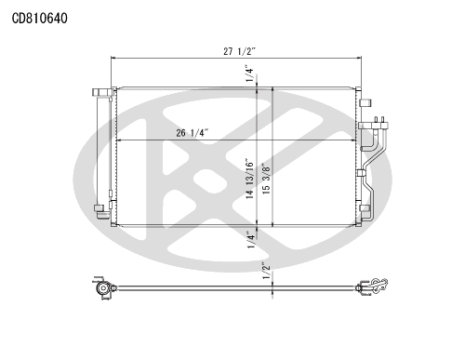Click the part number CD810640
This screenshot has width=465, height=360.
pyautogui.click(x=39, y=19)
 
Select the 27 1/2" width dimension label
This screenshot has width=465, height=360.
pyautogui.click(x=239, y=51)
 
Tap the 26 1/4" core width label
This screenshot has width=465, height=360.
pyautogui.click(x=192, y=133)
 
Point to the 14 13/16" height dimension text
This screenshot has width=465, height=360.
pyautogui.click(x=250, y=178)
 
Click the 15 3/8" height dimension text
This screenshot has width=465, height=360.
pyautogui.click(x=266, y=179)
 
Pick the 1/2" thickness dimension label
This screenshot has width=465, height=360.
pyautogui.click(x=266, y=271)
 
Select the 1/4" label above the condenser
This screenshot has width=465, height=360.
pyautogui.click(x=250, y=73)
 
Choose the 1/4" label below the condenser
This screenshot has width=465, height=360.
pyautogui.click(x=250, y=239)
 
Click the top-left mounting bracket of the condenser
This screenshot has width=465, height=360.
pyautogui.click(x=103, y=92)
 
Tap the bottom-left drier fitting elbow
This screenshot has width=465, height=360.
pyautogui.click(x=101, y=212)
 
